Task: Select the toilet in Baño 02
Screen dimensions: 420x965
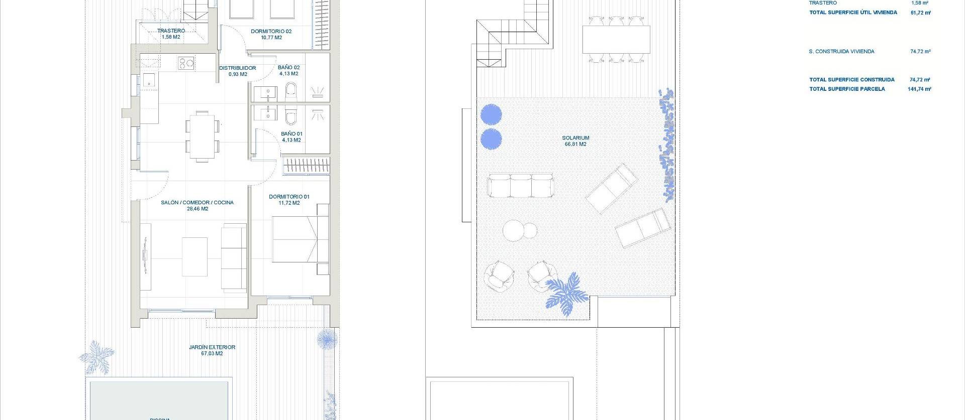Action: (291, 92)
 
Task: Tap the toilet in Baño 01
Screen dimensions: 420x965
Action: (290, 116)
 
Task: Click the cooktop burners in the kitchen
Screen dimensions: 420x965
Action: (186, 63)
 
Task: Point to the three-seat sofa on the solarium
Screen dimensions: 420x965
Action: (520, 186)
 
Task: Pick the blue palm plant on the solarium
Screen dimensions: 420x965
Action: (567, 294)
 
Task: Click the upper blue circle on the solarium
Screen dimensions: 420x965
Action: (491, 114)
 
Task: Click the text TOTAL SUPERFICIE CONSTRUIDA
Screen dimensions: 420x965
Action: (851, 79)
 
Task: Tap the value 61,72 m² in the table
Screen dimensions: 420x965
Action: (920, 13)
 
